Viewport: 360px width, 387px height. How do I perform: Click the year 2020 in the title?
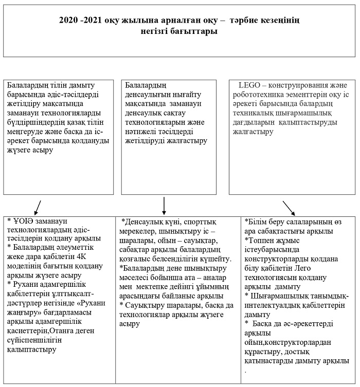click(x=68, y=21)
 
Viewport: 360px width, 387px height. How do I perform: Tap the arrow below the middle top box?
click(x=164, y=204)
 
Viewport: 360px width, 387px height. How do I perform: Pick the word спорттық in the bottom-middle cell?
click(x=200, y=222)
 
